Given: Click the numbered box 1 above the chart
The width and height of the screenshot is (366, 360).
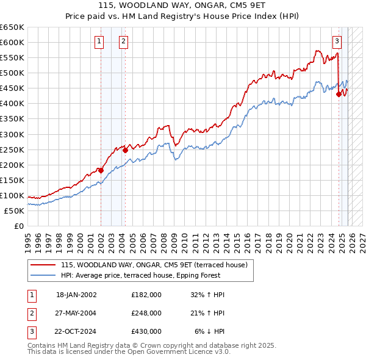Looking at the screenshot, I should pos(99,41).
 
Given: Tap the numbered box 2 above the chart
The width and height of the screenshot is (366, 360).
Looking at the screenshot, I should pos(123,41).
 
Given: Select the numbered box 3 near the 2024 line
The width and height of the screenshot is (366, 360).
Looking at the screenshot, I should pos(337,41).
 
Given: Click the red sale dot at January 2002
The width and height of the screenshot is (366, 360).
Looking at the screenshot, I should pos(101,170).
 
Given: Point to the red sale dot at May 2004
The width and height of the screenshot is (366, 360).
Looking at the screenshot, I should pos(124,150).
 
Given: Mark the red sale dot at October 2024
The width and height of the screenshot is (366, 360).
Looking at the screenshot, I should pos(339,94).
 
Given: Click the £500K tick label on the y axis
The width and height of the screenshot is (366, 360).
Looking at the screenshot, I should pos(12,73).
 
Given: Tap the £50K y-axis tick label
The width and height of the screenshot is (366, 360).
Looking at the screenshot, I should pos(14,211).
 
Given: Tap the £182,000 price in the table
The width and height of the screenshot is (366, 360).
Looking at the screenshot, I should pos(146,294).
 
